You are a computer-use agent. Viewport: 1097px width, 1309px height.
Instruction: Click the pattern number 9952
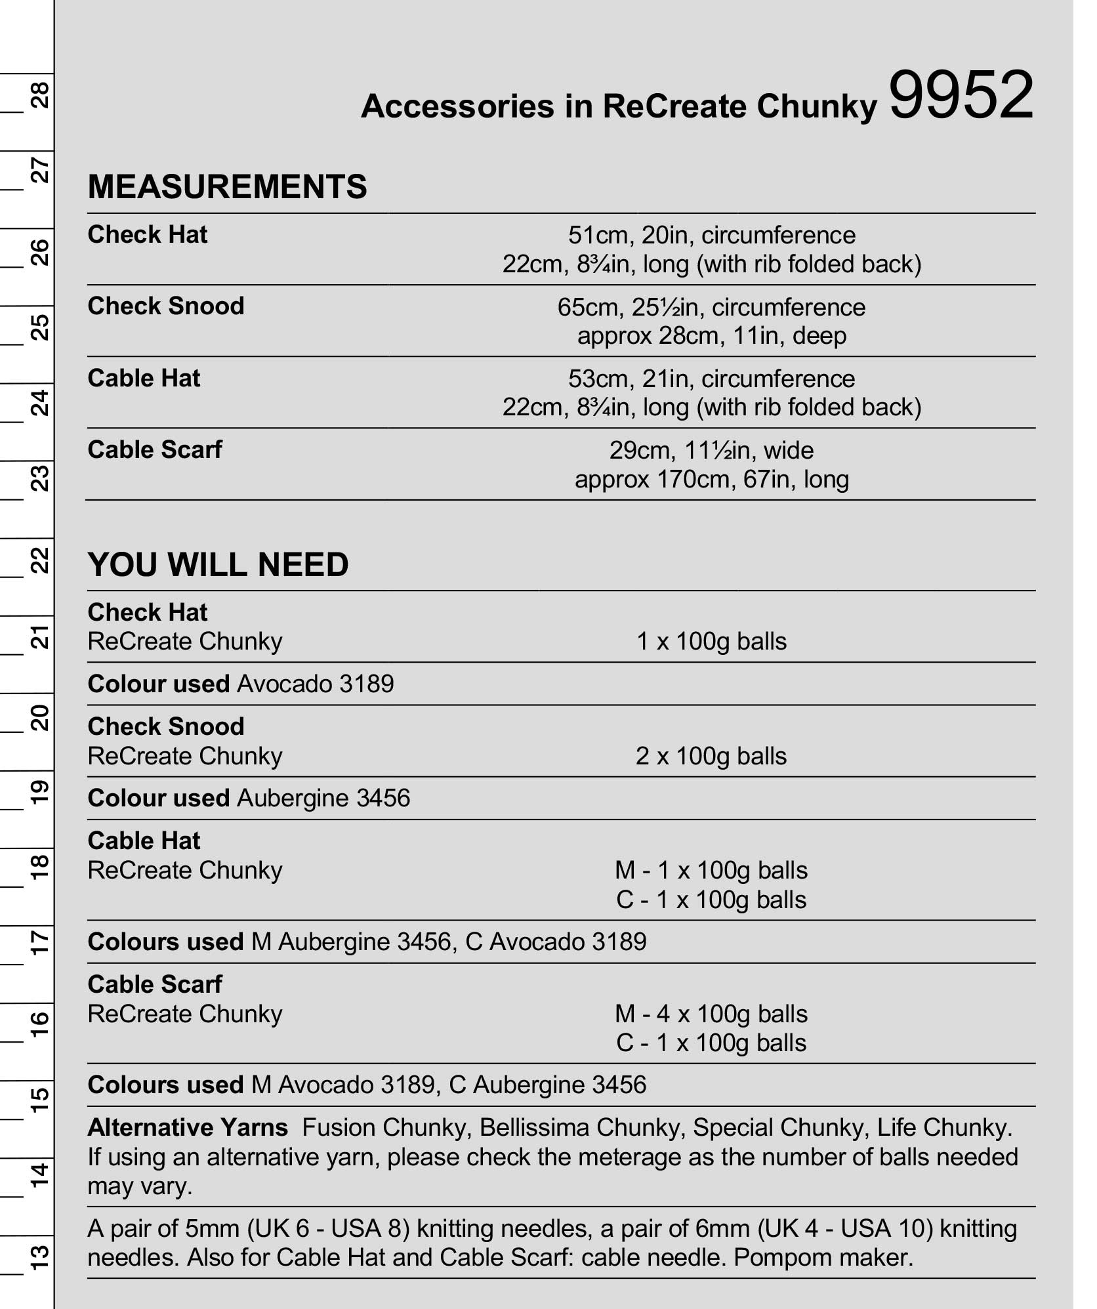tap(961, 96)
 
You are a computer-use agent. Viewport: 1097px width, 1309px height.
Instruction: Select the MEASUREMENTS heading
tap(227, 187)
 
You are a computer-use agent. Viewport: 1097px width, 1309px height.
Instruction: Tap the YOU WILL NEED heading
tap(218, 565)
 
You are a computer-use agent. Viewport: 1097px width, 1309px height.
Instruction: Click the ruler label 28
tap(40, 94)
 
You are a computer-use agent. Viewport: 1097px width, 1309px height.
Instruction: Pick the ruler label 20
tap(40, 717)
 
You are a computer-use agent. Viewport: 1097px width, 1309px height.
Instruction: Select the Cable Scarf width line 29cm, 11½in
tap(711, 451)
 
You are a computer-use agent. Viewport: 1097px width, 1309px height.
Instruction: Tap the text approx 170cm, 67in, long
tap(711, 480)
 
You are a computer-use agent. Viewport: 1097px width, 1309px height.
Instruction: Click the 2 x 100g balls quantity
tap(711, 756)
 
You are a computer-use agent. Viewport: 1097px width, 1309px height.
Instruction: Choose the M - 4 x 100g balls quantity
tap(711, 1014)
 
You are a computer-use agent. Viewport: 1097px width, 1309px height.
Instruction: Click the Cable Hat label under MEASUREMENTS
tap(144, 379)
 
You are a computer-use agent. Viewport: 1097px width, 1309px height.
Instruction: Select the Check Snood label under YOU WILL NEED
tap(165, 727)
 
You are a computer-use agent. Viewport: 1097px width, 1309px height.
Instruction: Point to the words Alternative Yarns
tap(188, 1128)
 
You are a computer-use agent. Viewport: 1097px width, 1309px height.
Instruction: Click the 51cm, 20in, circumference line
tap(711, 236)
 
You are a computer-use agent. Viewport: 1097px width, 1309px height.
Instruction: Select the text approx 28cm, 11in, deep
tap(711, 336)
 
